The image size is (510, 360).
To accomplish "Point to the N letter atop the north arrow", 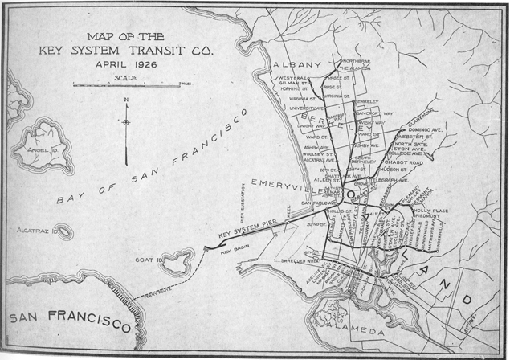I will point(126,100).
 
